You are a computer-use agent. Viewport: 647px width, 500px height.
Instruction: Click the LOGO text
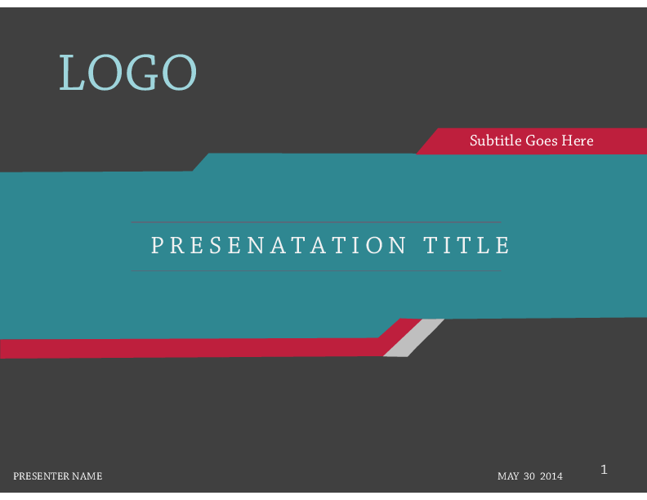point(128,72)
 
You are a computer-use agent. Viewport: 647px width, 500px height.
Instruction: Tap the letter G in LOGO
point(142,72)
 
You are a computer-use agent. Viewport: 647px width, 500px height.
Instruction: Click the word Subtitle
point(496,141)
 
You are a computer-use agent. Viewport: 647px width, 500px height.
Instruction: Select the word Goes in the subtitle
point(542,141)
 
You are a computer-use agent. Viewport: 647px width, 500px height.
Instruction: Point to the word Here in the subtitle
point(578,141)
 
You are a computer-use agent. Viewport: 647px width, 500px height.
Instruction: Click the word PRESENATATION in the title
point(279,245)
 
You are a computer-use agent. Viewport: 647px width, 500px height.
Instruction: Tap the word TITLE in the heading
point(467,245)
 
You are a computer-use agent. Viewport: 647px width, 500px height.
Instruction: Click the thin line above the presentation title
point(316,222)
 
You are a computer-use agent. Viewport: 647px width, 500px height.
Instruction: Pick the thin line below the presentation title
point(316,271)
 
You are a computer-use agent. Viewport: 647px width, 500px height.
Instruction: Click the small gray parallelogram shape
point(414,338)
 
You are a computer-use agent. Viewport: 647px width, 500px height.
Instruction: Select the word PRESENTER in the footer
point(41,476)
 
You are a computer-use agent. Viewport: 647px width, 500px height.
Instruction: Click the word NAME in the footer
point(87,476)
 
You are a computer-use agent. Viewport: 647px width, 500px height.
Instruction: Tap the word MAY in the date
point(508,476)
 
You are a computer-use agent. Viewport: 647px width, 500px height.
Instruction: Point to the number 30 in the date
point(529,476)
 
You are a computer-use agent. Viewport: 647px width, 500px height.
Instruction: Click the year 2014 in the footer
point(551,476)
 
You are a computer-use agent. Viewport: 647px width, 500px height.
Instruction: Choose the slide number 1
point(604,470)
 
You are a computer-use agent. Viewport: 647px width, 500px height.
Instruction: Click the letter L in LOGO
point(72,72)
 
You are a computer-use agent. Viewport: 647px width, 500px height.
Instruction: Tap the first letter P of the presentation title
point(156,245)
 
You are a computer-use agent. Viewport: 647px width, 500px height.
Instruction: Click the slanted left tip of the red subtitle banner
point(417,154)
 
